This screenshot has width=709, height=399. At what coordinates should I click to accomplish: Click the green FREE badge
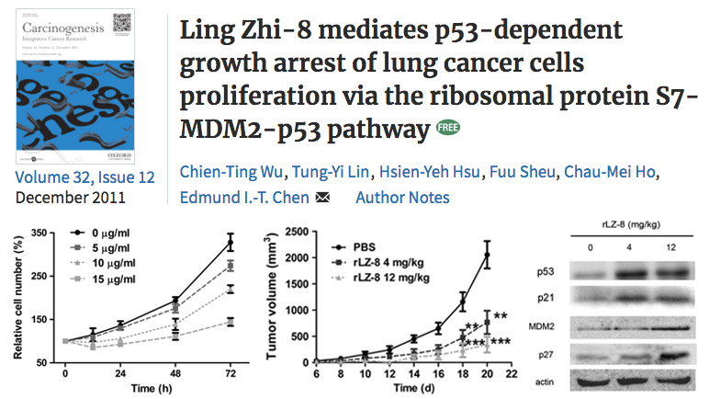(447, 131)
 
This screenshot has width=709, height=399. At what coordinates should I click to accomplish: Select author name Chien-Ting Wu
(218, 174)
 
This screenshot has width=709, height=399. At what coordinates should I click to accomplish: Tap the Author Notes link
(402, 197)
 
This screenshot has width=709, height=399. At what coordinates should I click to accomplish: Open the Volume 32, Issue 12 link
(85, 177)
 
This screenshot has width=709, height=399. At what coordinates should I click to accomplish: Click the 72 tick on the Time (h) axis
(231, 376)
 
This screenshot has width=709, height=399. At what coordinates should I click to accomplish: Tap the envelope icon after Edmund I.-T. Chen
(322, 198)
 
